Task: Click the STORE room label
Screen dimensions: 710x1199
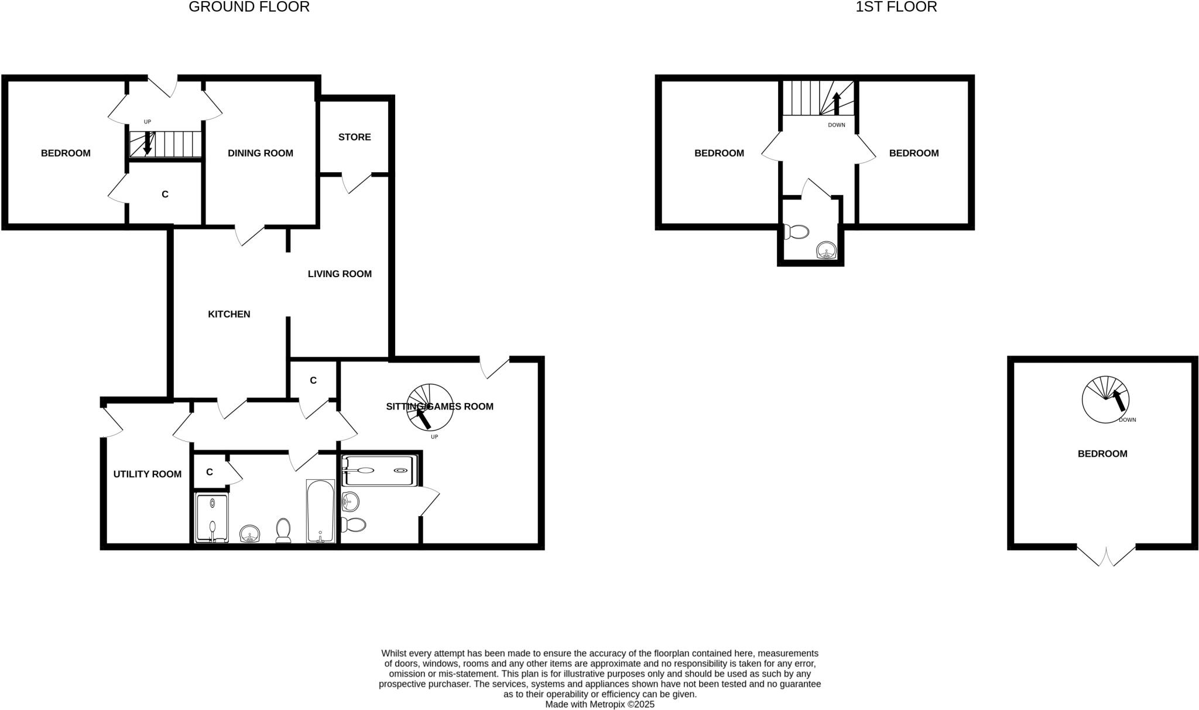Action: [x=354, y=137]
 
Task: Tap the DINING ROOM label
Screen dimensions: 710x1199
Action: [x=261, y=153]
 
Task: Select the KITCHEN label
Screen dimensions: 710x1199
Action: [x=229, y=315]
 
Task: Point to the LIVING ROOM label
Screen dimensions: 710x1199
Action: [x=340, y=274]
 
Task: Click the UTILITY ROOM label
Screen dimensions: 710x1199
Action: [x=147, y=474]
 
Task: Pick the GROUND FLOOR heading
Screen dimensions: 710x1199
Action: [x=249, y=7]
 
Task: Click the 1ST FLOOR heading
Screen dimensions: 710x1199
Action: [x=896, y=7]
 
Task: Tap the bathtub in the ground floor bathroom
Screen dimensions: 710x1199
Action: [x=320, y=511]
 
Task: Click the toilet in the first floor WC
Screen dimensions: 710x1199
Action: [x=797, y=232]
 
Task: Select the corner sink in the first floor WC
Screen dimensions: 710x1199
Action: [x=826, y=251]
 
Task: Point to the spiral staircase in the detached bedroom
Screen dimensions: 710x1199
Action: [x=1105, y=400]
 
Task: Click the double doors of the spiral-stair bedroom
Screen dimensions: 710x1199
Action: [x=1106, y=555]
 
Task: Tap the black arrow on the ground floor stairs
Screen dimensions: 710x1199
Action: [x=148, y=143]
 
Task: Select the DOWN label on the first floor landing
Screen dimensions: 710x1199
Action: [x=837, y=125]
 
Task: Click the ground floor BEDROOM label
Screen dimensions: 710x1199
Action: [x=66, y=153]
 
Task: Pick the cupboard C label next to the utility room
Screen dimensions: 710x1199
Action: [x=209, y=472]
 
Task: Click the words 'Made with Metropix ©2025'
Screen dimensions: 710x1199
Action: [x=599, y=705]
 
